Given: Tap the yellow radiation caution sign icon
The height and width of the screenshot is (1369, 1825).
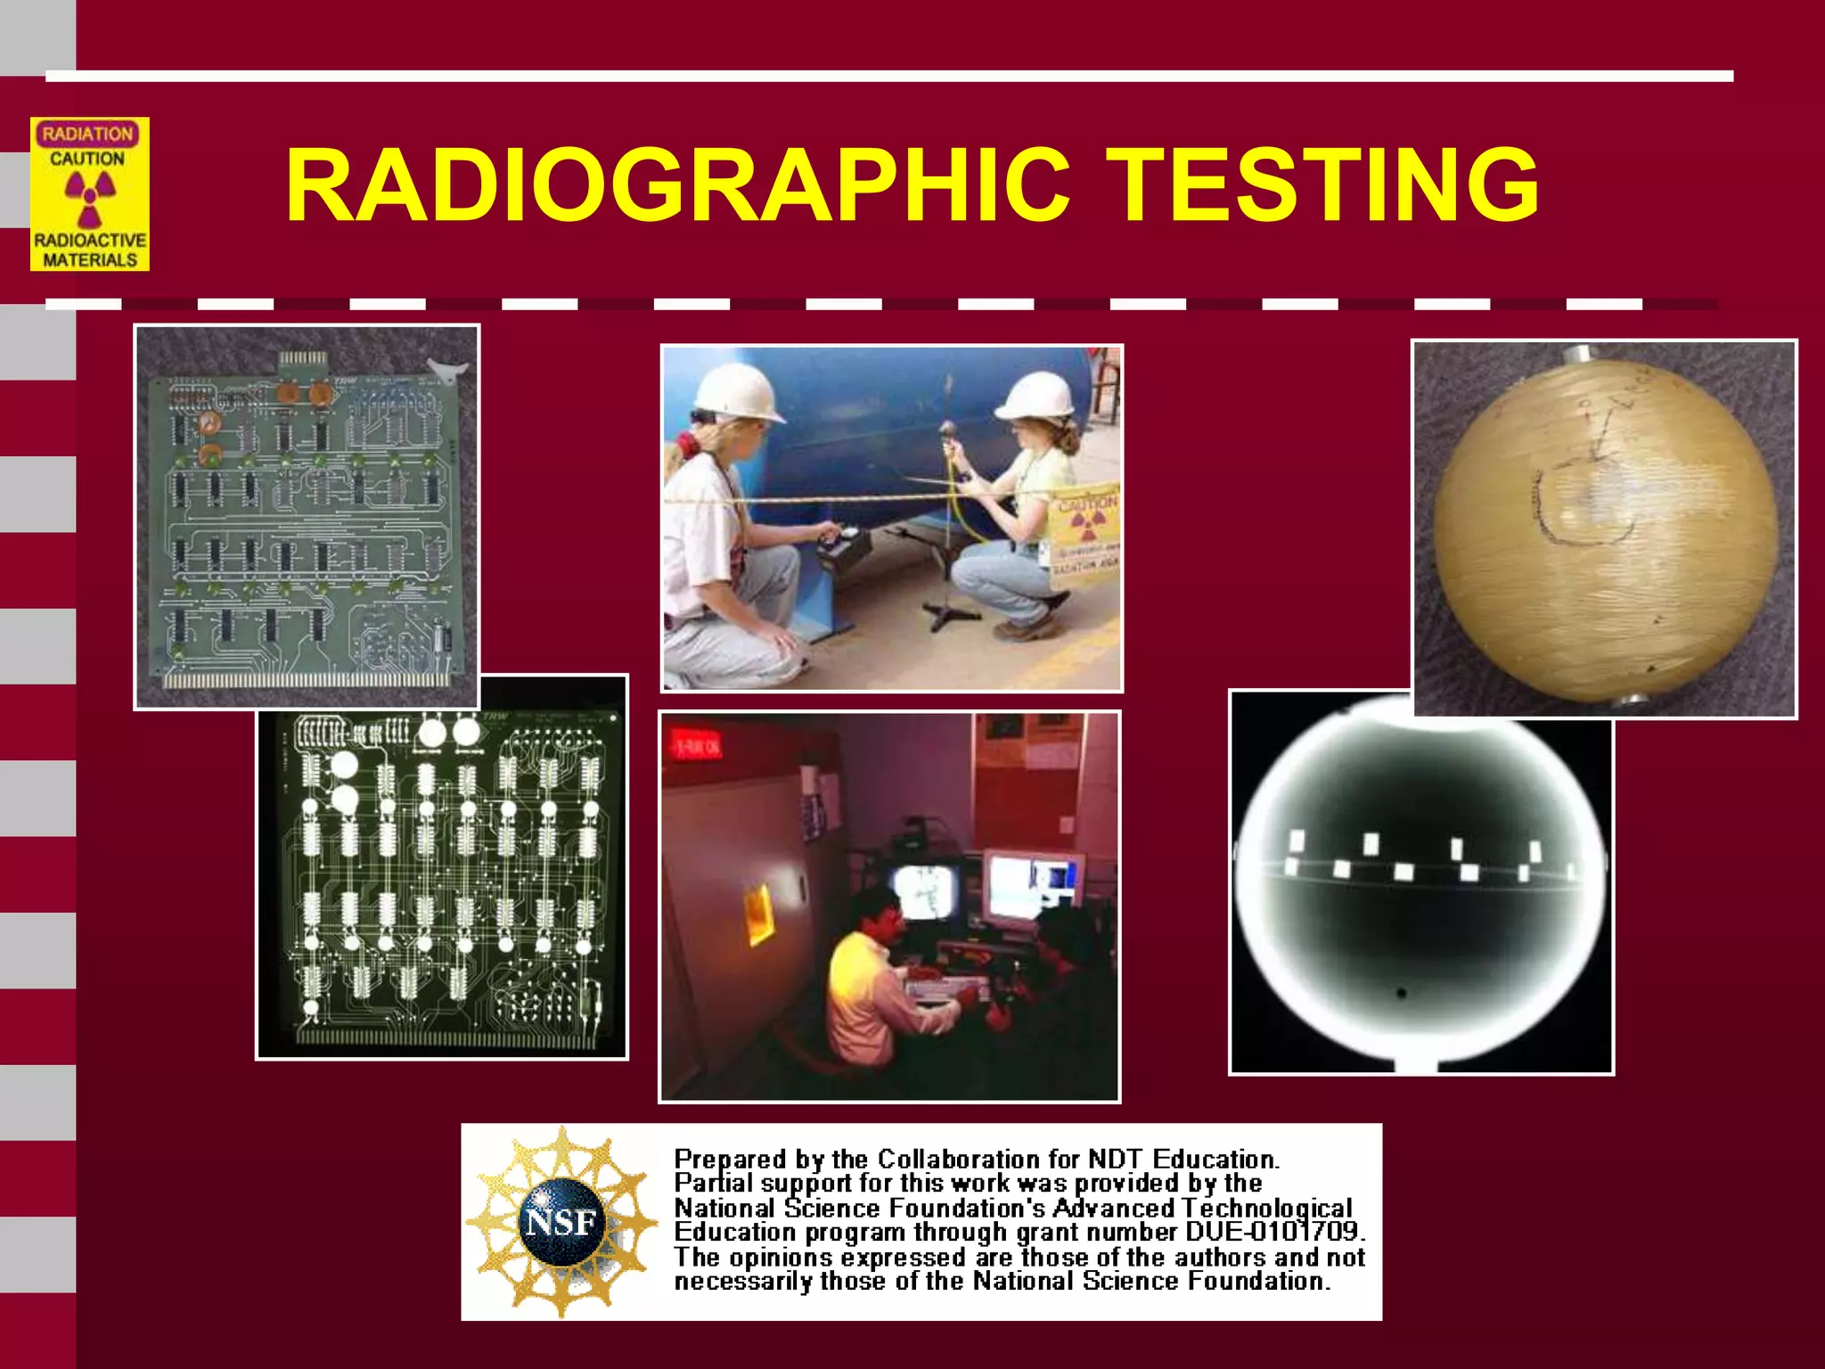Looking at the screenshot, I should pyautogui.click(x=89, y=194).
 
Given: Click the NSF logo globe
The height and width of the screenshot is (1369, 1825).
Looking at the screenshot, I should pyautogui.click(x=561, y=1221).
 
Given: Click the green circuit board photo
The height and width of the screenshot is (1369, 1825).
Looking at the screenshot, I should pyautogui.click(x=307, y=517).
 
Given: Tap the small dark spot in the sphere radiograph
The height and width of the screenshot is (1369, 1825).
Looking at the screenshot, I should pyautogui.click(x=1402, y=993).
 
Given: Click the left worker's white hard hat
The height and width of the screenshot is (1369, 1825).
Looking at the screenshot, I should pyautogui.click(x=736, y=392).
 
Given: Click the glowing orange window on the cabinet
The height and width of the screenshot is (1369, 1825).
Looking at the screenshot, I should pyautogui.click(x=759, y=914).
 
